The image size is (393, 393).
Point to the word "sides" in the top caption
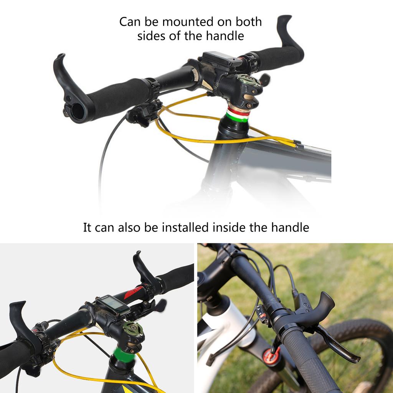[x=151, y=36]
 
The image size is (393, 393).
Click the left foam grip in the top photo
[x=117, y=96]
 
